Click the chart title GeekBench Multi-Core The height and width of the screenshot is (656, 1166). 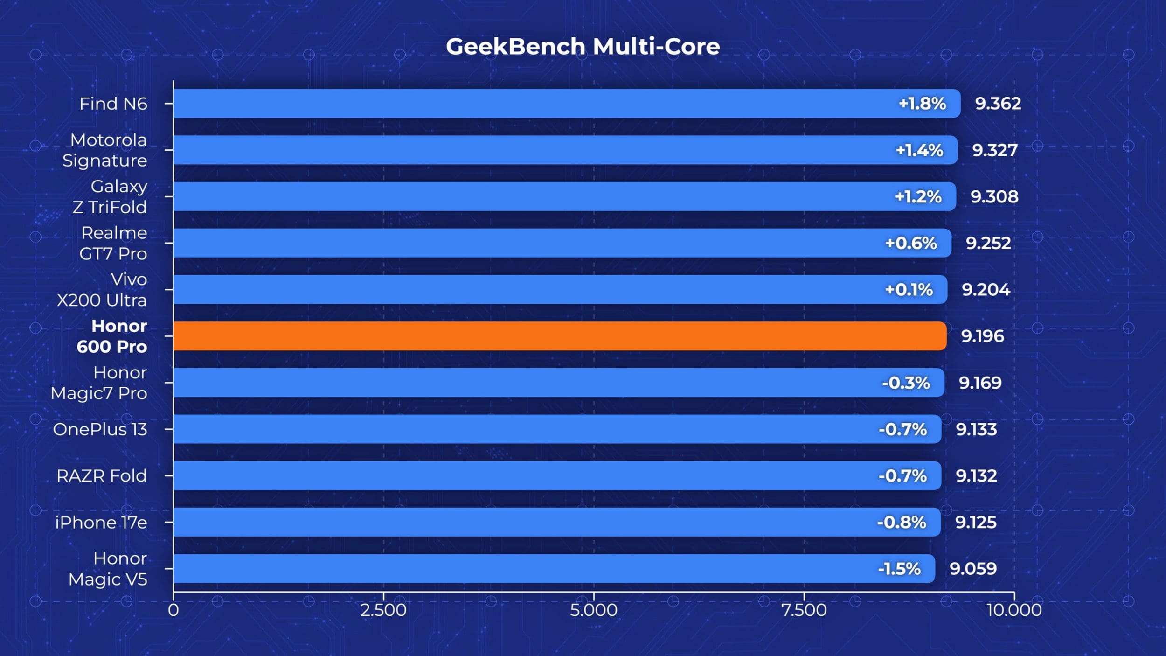(x=583, y=47)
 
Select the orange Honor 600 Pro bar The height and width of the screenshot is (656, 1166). (x=560, y=336)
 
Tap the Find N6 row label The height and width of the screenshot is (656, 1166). (x=113, y=104)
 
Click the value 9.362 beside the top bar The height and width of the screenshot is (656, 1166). (x=998, y=104)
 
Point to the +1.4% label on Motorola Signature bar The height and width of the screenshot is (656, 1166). (x=919, y=150)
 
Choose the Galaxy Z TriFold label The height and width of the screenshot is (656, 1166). (x=110, y=196)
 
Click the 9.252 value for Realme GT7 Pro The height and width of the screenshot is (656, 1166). (x=988, y=243)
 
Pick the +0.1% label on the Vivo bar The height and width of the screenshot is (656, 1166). (x=909, y=290)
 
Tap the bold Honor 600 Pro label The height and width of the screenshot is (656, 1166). (x=112, y=336)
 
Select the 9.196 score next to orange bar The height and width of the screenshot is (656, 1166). (x=982, y=336)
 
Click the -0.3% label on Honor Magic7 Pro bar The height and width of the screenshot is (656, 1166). (x=906, y=383)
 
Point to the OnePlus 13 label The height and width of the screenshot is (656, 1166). (x=100, y=429)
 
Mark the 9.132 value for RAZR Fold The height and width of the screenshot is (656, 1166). (x=976, y=476)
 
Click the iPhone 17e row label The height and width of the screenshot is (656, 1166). (x=101, y=523)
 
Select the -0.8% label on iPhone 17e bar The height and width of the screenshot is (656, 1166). (x=902, y=523)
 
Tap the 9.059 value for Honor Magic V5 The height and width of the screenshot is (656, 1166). (x=973, y=569)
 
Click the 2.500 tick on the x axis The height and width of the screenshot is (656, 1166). (x=383, y=610)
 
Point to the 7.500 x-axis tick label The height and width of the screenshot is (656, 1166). (x=804, y=610)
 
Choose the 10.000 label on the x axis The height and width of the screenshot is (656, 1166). (x=1014, y=610)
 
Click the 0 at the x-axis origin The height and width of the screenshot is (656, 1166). (x=174, y=610)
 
